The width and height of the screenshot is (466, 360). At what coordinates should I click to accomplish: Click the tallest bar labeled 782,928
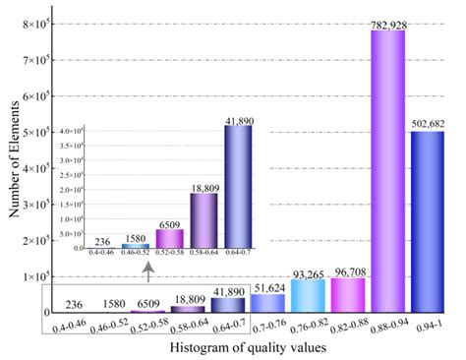click(387, 172)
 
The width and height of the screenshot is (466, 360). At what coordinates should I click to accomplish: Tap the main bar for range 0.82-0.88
click(347, 296)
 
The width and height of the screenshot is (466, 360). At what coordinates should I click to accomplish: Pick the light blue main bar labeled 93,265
click(307, 296)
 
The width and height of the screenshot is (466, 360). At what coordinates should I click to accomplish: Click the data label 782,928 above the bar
click(387, 24)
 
